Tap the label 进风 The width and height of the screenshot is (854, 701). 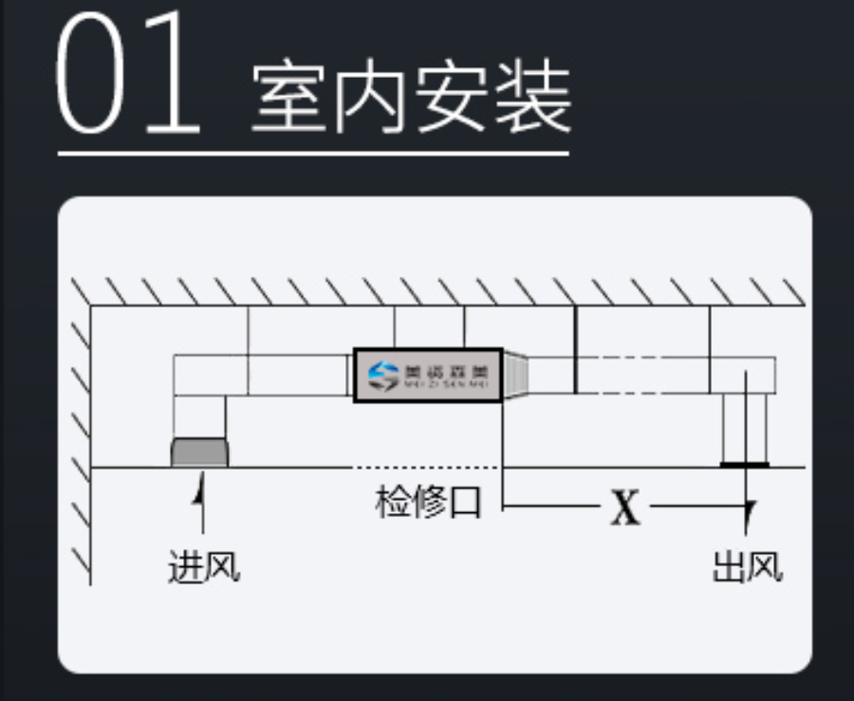pos(203,566)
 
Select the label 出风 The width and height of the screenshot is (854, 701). pos(748,566)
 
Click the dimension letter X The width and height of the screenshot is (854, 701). pos(624,509)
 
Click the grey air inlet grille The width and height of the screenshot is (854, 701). pos(199,452)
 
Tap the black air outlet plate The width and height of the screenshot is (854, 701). pos(745,465)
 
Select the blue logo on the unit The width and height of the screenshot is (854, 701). pos(384,376)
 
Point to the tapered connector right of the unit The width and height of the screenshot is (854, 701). pos(514,376)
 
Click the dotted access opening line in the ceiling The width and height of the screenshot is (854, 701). pos(425,468)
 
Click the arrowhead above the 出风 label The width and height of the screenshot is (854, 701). pos(750,513)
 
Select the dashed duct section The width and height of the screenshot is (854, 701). pos(642,375)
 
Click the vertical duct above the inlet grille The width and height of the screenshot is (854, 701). pos(199,416)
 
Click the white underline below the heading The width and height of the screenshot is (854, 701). pos(313,153)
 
